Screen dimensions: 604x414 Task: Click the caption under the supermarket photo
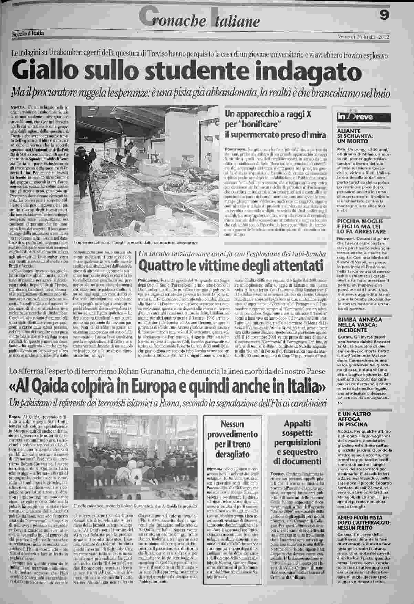pyautogui.click(x=136, y=243)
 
